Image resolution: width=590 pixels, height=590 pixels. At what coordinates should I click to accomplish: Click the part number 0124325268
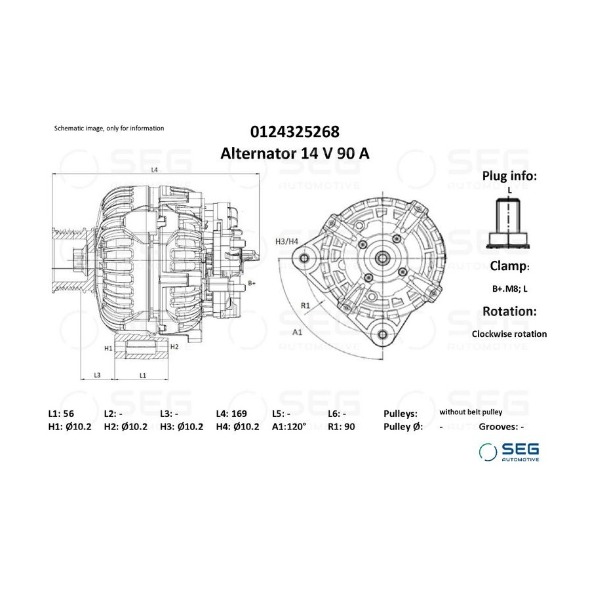[294, 132]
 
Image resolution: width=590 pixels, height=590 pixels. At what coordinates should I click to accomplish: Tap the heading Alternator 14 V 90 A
[294, 153]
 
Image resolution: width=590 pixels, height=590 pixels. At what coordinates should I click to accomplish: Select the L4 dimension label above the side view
[154, 170]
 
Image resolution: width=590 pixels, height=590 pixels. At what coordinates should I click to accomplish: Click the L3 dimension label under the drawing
[97, 375]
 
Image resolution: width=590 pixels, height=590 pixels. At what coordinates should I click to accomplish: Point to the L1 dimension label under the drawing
[143, 375]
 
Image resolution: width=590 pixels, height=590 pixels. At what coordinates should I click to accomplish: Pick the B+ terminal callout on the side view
[252, 283]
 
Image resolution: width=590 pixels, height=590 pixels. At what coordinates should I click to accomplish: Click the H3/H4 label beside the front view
[286, 241]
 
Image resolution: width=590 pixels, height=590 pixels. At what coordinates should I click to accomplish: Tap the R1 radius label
[305, 305]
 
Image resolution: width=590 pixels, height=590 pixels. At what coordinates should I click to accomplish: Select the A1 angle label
[297, 332]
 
